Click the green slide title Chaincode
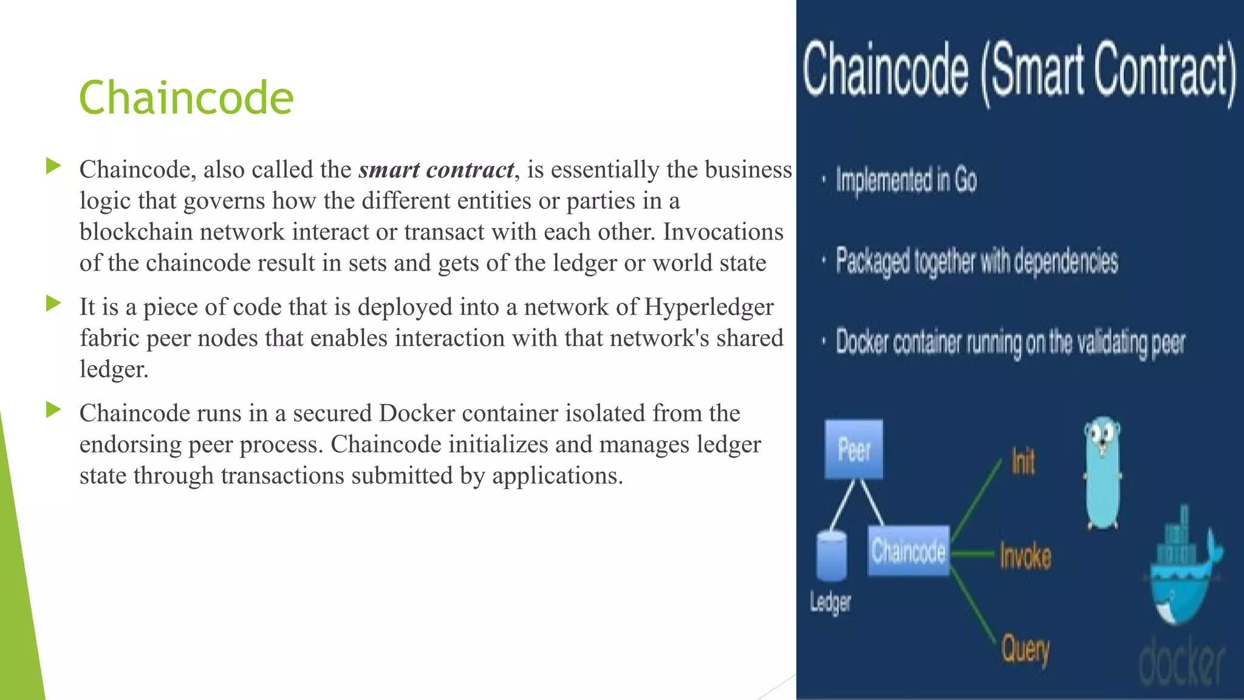pos(186,98)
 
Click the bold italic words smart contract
pos(436,170)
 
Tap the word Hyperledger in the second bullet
pos(708,307)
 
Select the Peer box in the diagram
pos(854,450)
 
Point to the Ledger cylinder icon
pos(831,555)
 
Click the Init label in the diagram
pos(1023,461)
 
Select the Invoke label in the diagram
pos(1025,555)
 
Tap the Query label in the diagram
pos(1025,650)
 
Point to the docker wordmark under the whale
pos(1181,662)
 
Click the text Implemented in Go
pos(906,180)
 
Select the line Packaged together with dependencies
pos(976,261)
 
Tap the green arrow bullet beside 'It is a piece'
pos(53,303)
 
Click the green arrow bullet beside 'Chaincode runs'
pos(53,410)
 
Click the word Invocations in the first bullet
pos(723,232)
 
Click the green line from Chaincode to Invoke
pos(974,554)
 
